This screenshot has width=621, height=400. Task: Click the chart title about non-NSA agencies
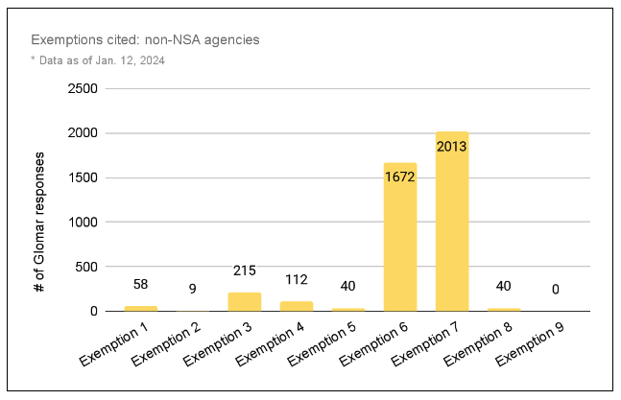coord(145,40)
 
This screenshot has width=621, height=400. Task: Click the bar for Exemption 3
coord(245,301)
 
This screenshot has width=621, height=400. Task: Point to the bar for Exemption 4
coord(297,306)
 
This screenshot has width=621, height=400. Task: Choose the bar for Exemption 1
coord(141,308)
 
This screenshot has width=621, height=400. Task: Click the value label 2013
coord(452,147)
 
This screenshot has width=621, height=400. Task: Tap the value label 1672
coord(400,176)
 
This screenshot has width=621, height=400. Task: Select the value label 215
coord(245,271)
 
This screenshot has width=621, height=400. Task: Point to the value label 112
coord(297,279)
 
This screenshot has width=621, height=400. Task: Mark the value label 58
coord(141,286)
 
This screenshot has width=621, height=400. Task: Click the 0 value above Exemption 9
coord(556,289)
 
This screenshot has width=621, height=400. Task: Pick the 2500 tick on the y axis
coord(83,89)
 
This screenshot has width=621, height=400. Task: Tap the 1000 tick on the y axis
coord(83,222)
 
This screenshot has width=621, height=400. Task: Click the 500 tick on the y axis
coord(86,267)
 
